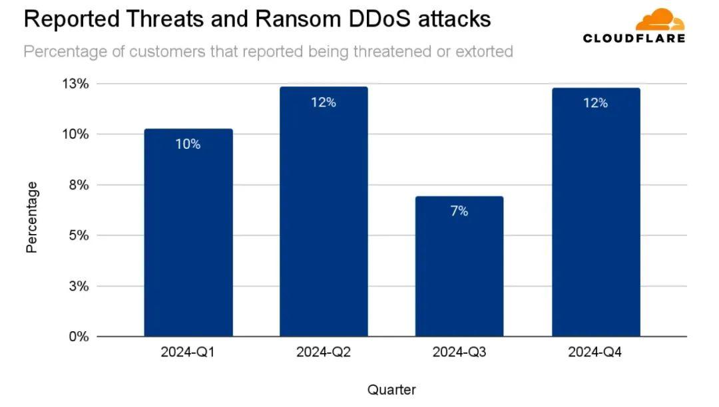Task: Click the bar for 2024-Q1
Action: pos(188,233)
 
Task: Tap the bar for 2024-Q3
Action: pos(459,266)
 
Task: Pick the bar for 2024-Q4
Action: pos(595,212)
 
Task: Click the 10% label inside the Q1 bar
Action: pos(188,144)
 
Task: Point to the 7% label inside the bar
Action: pos(459,211)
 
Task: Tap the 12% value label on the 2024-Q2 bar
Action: pos(324,102)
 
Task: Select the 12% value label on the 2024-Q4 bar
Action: pos(595,103)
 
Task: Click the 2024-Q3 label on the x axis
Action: pos(459,352)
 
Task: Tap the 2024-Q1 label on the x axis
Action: pos(188,352)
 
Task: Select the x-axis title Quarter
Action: pos(391,390)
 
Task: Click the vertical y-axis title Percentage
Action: pos(32,217)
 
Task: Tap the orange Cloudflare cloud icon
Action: pos(664,20)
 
